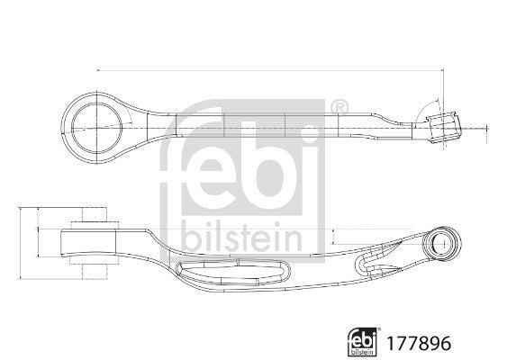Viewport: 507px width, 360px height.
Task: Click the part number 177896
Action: (x=419, y=343)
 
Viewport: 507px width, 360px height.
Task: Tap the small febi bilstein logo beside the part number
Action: (x=363, y=342)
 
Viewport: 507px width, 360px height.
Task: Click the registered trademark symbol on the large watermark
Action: (x=340, y=106)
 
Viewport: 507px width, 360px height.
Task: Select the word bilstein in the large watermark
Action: (x=242, y=238)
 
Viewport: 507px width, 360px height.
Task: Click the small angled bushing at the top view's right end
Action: (x=444, y=128)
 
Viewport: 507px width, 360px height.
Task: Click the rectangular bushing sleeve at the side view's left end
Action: (x=88, y=243)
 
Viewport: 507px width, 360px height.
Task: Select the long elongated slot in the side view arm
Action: (x=231, y=273)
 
